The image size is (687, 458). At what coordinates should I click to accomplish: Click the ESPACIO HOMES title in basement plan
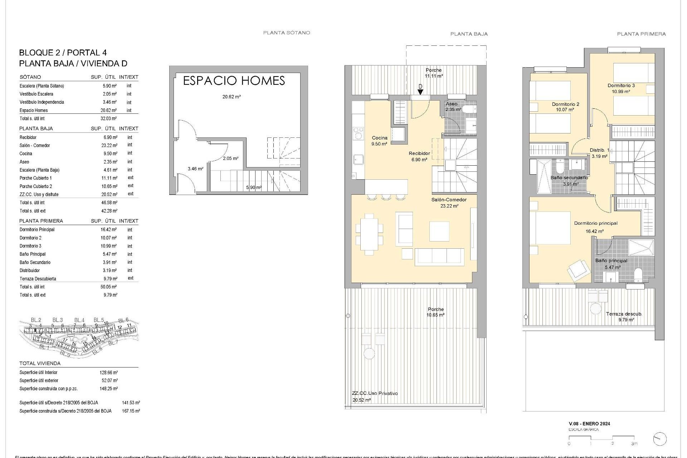(234, 81)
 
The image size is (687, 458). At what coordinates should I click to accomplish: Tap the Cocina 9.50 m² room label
(380, 141)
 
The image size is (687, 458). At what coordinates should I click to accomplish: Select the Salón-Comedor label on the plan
(449, 200)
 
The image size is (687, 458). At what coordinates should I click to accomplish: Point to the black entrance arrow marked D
(420, 92)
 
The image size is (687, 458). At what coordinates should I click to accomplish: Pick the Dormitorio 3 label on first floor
(621, 86)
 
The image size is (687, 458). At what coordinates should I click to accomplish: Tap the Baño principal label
(611, 261)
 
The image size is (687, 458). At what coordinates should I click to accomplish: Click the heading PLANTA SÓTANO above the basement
(287, 33)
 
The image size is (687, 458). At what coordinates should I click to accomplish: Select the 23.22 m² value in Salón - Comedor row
(109, 146)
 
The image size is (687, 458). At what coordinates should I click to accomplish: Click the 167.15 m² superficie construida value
(131, 411)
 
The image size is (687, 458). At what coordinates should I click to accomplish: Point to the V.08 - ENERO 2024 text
(589, 424)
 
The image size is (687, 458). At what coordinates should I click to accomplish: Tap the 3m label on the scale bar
(634, 444)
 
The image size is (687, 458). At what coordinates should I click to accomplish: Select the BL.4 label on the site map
(79, 320)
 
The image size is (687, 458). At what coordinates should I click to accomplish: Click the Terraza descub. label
(624, 314)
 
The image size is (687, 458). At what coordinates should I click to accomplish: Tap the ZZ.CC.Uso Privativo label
(375, 393)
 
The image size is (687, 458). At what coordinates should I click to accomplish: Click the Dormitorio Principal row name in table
(37, 230)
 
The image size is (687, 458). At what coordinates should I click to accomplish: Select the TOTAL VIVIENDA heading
(40, 363)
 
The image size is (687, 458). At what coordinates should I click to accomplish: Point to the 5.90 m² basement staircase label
(254, 187)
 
